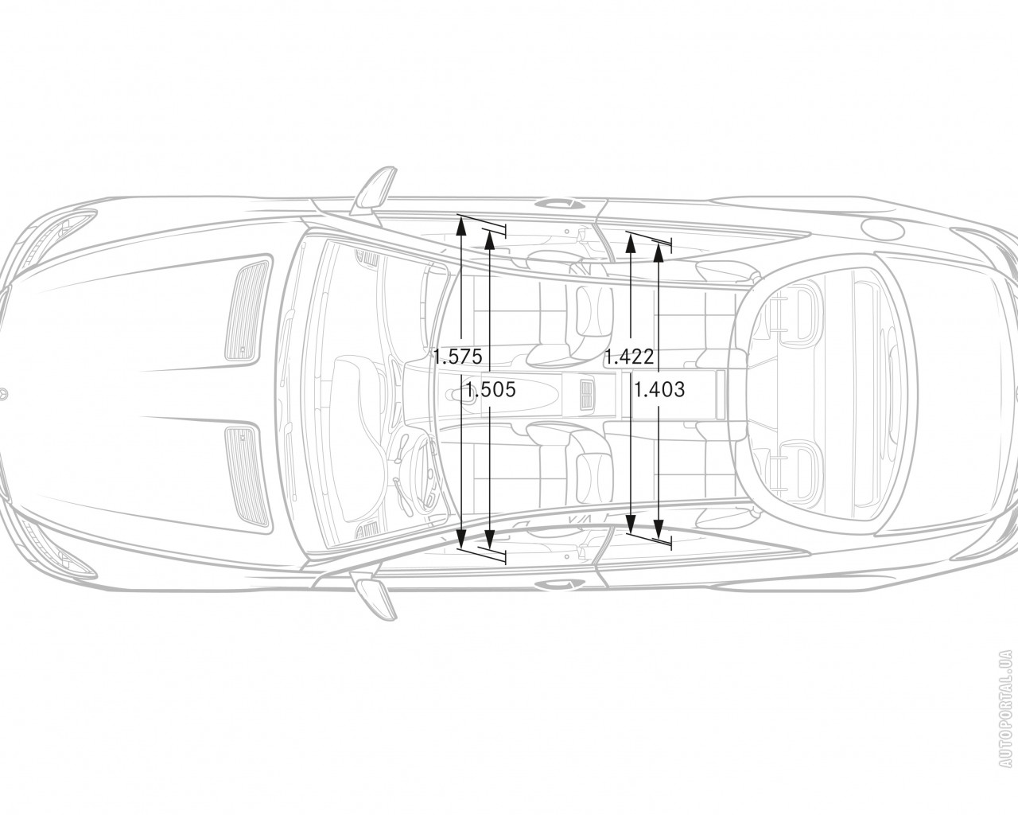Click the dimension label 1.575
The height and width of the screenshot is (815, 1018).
click(458, 356)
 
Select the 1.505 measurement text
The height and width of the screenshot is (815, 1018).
click(491, 390)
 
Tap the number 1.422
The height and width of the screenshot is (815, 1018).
click(630, 356)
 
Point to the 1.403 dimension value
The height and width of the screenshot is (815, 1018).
click(659, 389)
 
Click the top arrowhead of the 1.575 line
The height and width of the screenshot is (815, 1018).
click(461, 226)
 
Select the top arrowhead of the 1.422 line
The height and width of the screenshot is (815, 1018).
click(630, 243)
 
